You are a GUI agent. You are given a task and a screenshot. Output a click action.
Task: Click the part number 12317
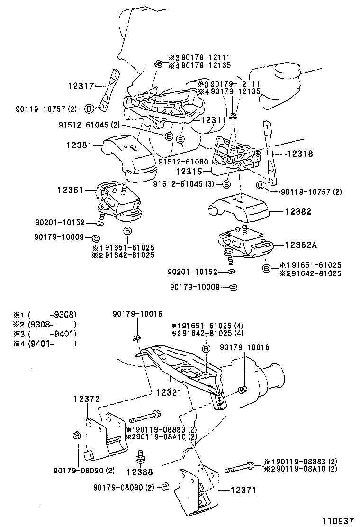coord(81,86)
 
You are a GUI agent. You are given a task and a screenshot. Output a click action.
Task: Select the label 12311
coord(214,119)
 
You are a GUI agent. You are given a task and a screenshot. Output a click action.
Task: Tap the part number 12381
coord(79,145)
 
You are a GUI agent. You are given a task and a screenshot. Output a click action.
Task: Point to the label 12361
coord(70,190)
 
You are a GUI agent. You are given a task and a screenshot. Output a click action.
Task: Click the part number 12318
coord(300,154)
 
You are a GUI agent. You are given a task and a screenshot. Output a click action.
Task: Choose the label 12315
coord(189,172)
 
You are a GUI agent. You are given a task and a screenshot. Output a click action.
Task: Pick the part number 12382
coord(298,211)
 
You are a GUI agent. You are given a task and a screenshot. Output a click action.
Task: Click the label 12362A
coord(301,245)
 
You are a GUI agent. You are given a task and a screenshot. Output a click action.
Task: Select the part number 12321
coord(169,392)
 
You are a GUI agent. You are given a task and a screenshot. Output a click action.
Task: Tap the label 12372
coord(87,399)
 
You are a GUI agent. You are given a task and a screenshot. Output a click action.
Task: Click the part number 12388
coord(140,472)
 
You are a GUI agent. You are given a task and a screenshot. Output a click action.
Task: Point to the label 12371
coord(243,491)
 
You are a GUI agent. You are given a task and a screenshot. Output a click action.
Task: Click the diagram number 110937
coord(339,521)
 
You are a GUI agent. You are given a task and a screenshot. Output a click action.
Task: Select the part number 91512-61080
coord(183,162)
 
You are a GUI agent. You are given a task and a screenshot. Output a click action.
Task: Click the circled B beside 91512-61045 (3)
coord(227,184)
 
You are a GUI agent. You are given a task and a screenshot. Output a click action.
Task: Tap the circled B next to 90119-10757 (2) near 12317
coord(89,109)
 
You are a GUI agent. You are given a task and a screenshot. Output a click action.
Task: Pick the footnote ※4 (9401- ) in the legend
coord(45,344)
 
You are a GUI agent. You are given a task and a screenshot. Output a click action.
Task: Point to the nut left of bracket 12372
coord(76,436)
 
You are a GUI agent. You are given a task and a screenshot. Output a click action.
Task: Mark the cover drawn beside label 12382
coord(239,208)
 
